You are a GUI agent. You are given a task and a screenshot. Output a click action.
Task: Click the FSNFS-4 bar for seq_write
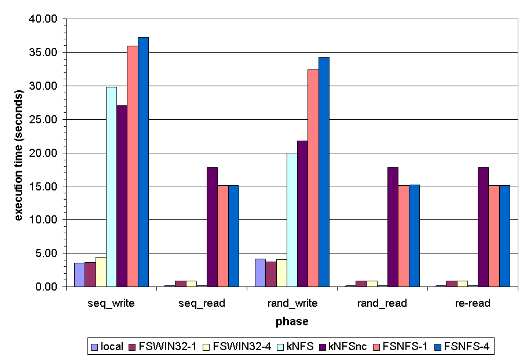click(x=143, y=162)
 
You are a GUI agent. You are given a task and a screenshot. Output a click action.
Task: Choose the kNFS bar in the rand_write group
click(x=292, y=220)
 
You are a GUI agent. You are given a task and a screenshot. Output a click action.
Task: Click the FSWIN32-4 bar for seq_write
click(x=101, y=272)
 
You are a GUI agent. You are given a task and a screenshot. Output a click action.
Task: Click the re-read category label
click(x=473, y=303)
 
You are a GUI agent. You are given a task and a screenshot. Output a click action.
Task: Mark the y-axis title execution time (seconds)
click(x=19, y=155)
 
